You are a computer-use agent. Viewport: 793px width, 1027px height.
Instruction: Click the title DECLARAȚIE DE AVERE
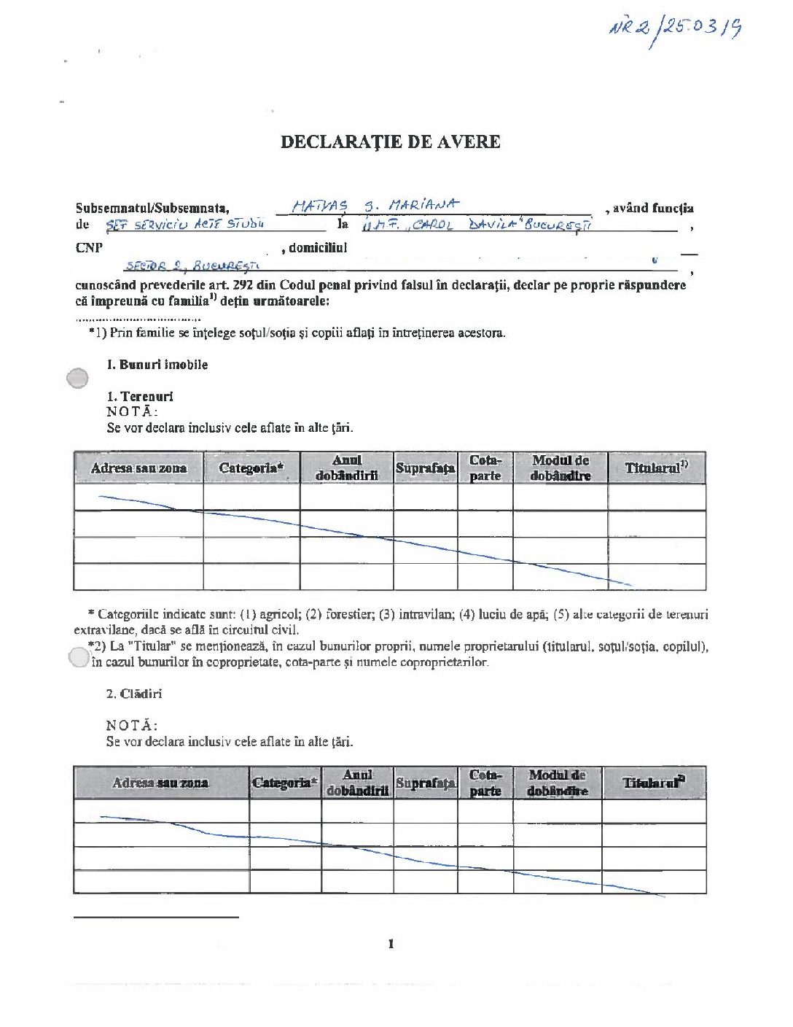[391, 142]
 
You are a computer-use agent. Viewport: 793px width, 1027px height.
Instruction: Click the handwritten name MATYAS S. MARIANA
[376, 206]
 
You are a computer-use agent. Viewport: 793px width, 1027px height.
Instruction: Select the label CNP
[88, 248]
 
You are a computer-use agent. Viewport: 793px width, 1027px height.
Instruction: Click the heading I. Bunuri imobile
[157, 365]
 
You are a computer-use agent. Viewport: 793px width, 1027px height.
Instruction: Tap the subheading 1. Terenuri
[140, 396]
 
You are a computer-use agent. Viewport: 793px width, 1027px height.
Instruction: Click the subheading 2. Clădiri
[134, 694]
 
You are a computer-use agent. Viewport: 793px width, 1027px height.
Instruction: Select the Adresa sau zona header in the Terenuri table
[138, 468]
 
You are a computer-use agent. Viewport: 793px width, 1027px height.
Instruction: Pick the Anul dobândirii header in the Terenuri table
[347, 468]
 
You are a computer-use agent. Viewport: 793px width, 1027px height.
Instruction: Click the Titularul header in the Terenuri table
[656, 468]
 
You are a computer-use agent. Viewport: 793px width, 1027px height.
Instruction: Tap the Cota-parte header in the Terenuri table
[485, 468]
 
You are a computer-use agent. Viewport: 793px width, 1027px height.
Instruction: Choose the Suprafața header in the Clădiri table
[426, 783]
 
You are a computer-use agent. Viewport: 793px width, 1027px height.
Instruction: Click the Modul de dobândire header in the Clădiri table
[558, 783]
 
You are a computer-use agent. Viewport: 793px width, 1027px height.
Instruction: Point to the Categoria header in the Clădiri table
[285, 783]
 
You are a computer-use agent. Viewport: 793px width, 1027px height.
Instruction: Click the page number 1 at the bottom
[391, 944]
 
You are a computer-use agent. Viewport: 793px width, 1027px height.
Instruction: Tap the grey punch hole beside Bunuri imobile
[77, 378]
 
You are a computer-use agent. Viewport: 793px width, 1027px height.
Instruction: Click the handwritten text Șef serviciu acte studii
[185, 225]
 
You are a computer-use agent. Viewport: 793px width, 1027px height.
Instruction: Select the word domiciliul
[318, 248]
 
